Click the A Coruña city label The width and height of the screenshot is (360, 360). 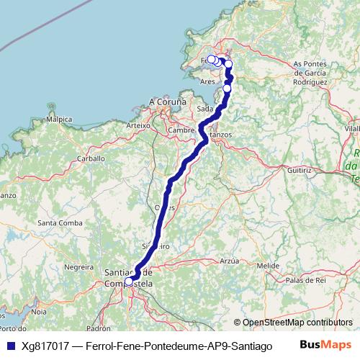point(167,102)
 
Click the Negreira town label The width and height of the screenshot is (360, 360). point(79,266)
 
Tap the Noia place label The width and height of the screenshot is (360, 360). point(39,312)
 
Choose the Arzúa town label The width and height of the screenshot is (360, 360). point(229,261)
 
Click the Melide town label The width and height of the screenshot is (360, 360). point(268,266)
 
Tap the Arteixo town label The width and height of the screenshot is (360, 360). point(138,125)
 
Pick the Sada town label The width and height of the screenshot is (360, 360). point(204,109)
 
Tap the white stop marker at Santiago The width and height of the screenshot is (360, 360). point(128,282)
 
